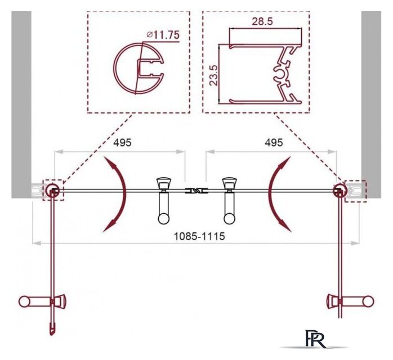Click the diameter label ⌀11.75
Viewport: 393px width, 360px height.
point(163,35)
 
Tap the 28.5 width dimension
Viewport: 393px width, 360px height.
point(262,21)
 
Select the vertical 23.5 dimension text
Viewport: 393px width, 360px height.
point(214,75)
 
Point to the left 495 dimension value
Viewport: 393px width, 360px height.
point(122,142)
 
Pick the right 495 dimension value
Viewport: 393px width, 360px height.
point(274,142)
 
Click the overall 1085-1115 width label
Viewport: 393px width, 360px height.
point(199,236)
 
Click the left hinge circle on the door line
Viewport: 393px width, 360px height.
point(52,190)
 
